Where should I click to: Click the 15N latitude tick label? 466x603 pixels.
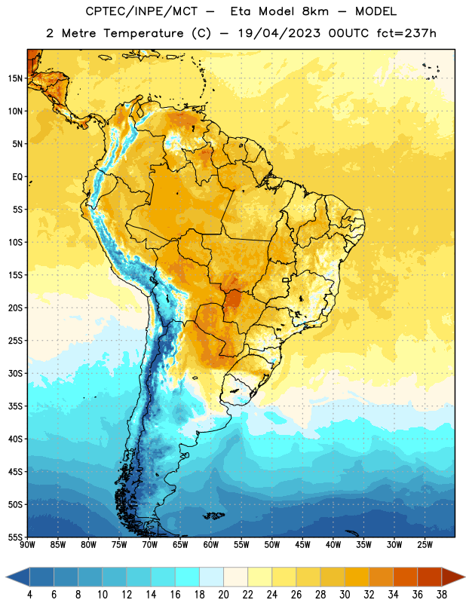pos(15,78)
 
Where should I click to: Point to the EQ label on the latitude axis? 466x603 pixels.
pos(17,177)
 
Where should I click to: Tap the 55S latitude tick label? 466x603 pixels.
pos(15,537)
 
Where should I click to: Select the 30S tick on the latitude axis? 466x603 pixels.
pos(15,373)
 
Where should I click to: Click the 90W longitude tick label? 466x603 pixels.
pos(27,545)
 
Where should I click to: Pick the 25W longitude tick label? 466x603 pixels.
pos(425,545)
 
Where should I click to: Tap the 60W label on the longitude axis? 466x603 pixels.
pos(211,545)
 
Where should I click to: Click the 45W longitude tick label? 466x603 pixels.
pos(302,545)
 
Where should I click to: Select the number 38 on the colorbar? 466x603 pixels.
pos(442,595)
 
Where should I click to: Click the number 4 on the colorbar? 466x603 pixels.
pos(29,595)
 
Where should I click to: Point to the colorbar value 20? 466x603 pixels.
pos(223,595)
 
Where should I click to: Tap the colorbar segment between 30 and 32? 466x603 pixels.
pos(357,577)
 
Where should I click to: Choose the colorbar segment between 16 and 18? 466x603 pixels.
pos(187,577)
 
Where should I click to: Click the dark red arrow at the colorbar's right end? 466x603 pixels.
pos(452,577)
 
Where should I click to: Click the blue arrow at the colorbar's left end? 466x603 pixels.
pos(18,577)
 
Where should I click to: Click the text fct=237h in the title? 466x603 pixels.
pos(406,33)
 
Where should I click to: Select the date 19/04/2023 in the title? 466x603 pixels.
pos(279,33)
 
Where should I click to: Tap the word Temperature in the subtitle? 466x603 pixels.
pos(143,33)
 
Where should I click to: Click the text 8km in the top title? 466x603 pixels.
pos(315,11)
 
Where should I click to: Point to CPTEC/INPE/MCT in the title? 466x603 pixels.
pos(141,11)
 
